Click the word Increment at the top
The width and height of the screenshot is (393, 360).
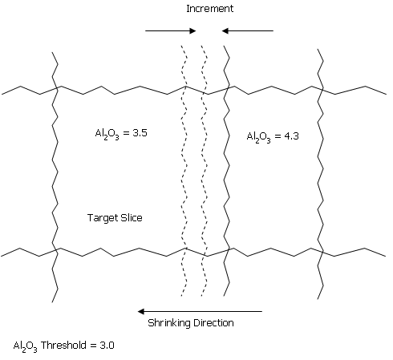click(x=209, y=9)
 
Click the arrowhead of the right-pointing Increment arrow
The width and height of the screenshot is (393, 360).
click(x=193, y=30)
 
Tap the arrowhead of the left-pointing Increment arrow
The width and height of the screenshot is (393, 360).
click(x=225, y=30)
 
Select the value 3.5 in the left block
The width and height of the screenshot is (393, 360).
click(x=140, y=133)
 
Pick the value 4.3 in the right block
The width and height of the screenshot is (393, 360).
click(x=291, y=136)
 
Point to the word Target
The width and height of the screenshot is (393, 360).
click(x=103, y=218)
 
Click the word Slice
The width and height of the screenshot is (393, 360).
click(x=132, y=217)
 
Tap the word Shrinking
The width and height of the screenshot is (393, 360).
click(x=169, y=323)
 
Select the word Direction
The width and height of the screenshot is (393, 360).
click(x=213, y=323)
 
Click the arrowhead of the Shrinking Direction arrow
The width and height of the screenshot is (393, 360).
click(x=141, y=311)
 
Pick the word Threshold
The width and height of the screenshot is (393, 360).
click(x=63, y=345)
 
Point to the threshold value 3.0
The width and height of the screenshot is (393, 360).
click(x=107, y=346)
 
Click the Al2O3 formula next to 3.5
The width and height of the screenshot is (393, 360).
click(x=107, y=134)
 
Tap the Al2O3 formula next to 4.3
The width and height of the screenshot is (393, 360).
click(x=258, y=137)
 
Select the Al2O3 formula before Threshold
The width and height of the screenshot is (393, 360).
click(x=25, y=346)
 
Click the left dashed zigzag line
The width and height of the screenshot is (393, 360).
click(x=184, y=171)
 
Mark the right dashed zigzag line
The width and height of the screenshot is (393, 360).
click(x=205, y=171)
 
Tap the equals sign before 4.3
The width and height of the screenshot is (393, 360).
click(x=278, y=136)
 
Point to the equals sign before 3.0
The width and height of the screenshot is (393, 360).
click(x=93, y=346)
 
